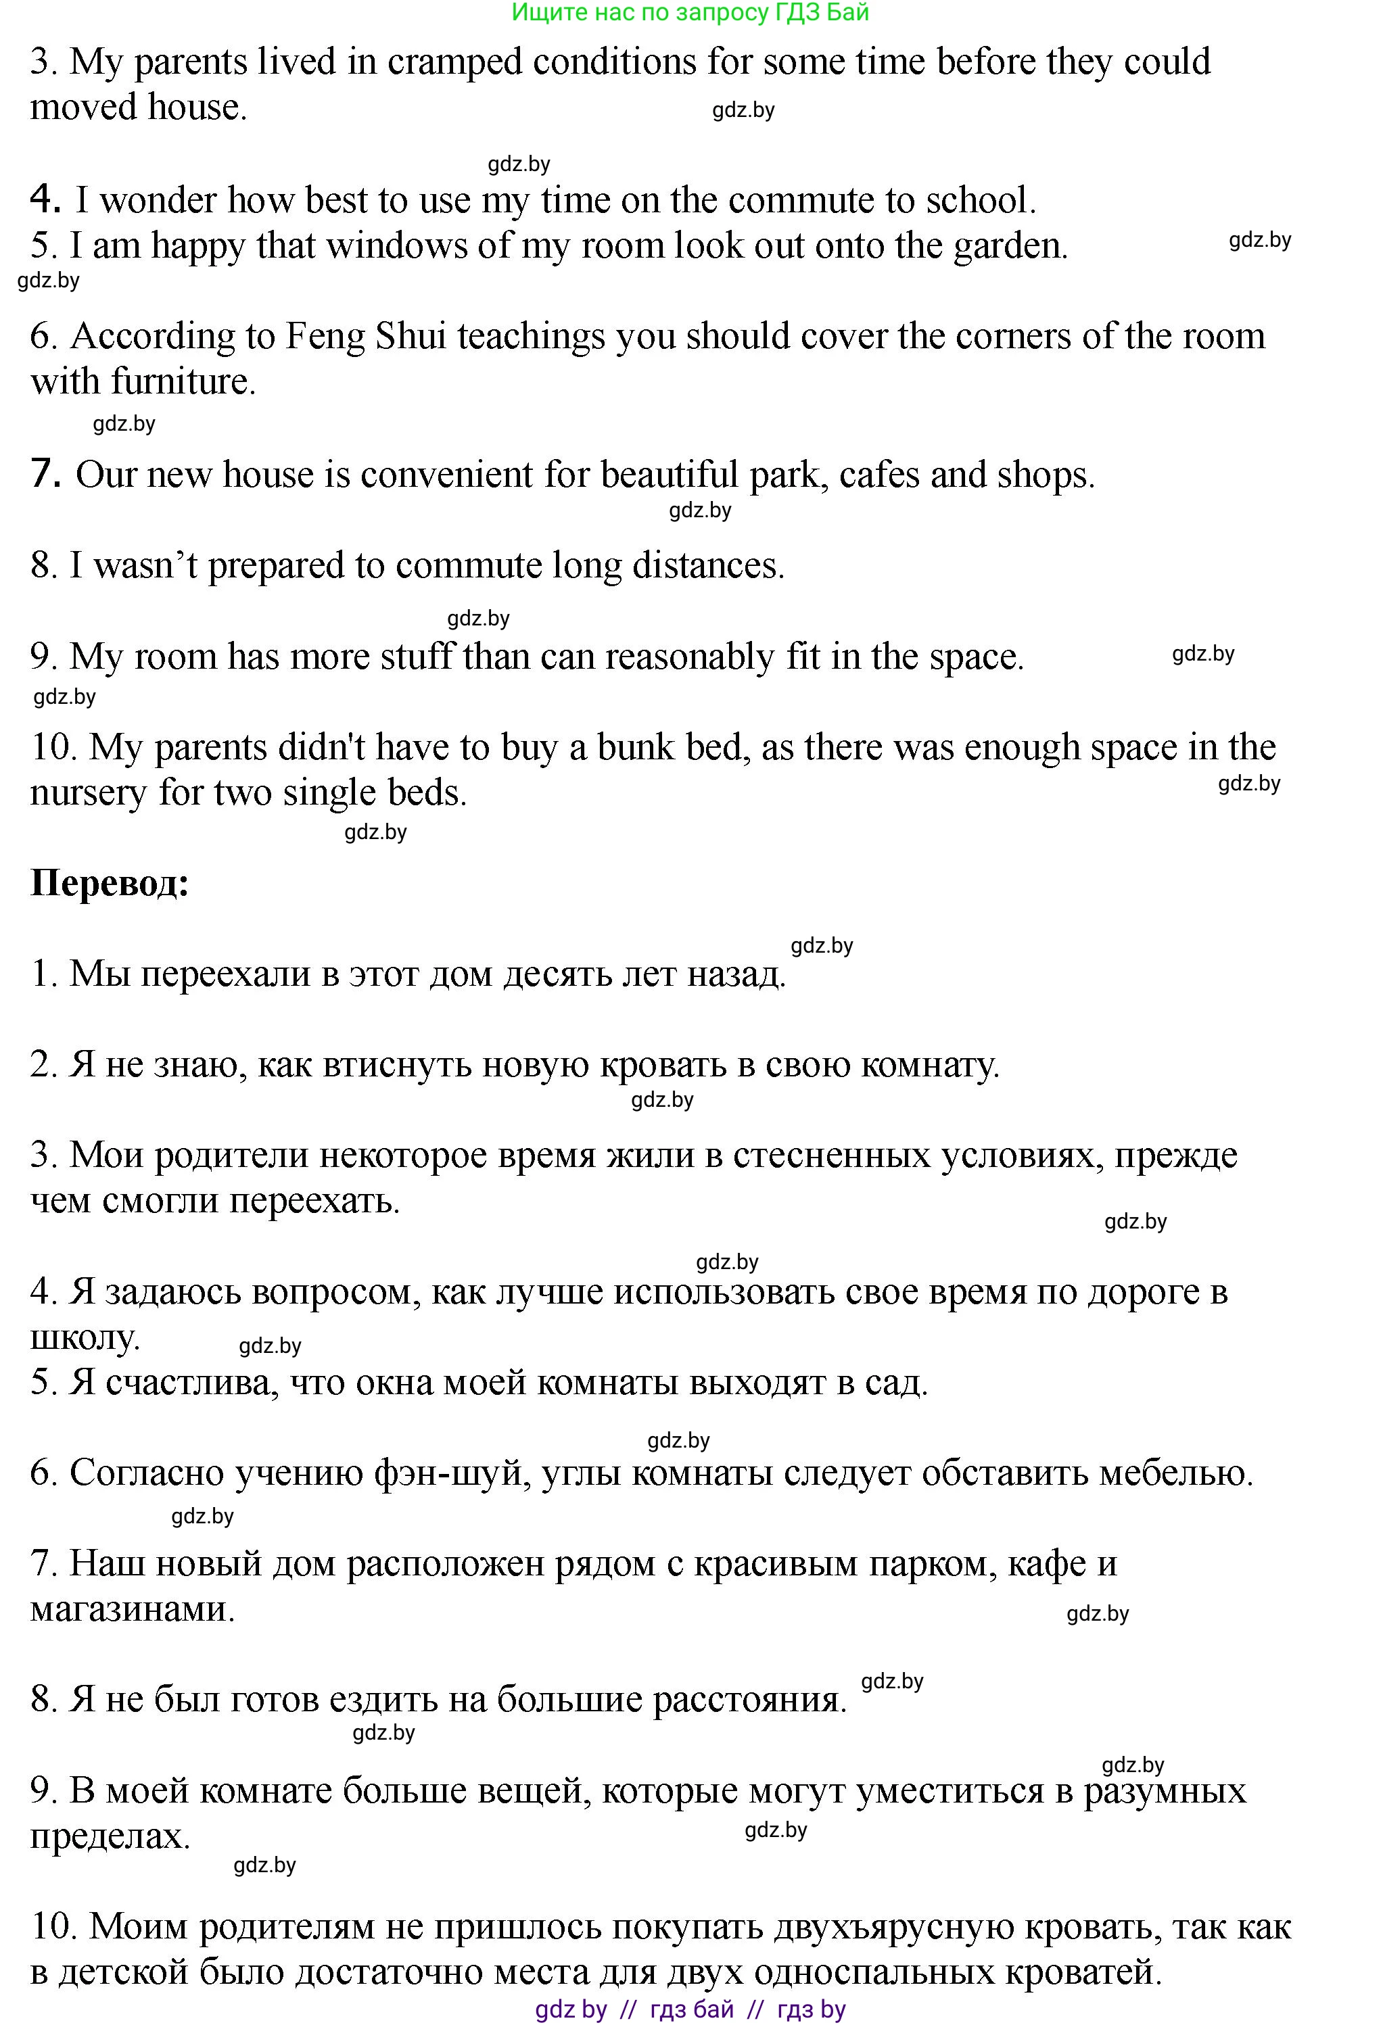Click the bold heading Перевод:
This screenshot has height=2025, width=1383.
click(x=110, y=884)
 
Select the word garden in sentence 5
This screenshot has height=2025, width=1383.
click(x=1009, y=247)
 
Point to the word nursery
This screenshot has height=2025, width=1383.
click(x=87, y=794)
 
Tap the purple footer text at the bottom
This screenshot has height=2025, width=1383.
click(x=690, y=2009)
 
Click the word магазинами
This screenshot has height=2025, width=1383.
click(x=133, y=1609)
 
